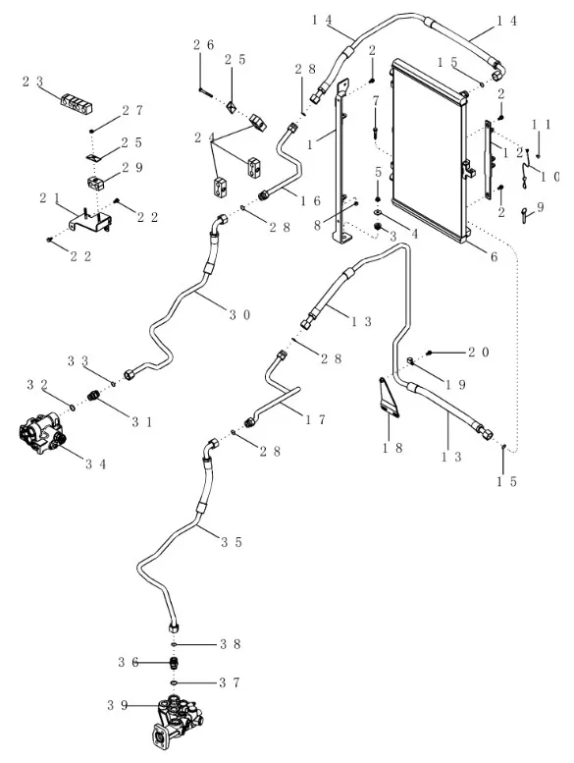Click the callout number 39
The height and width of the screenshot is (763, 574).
[x=118, y=705]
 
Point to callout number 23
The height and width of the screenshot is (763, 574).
[x=32, y=82]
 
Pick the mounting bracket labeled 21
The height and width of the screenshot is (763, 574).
[x=91, y=220]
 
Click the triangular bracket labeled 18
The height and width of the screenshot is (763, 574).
[x=390, y=397]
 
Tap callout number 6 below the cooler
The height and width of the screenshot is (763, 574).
[x=494, y=256]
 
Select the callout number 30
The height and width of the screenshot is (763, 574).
[x=240, y=315]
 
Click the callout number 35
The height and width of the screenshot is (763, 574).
[x=232, y=542]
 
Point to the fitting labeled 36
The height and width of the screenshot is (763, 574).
[x=174, y=663]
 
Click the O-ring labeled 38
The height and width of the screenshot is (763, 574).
[x=174, y=645]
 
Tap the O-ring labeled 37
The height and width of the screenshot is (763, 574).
[x=174, y=682]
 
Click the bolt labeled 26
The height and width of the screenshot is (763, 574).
[x=206, y=90]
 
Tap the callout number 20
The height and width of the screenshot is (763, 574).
[x=478, y=353]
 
